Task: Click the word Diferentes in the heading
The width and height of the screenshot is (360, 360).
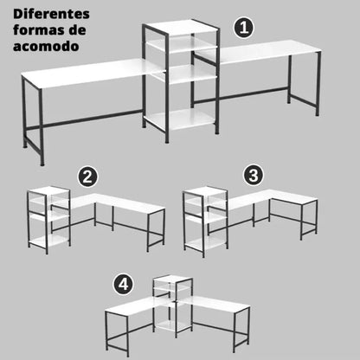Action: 51,14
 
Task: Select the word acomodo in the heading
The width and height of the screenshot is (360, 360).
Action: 46,47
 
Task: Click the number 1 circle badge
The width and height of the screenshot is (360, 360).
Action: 244,28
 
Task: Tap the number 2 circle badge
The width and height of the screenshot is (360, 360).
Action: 87,177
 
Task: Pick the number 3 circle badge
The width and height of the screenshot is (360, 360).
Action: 254,175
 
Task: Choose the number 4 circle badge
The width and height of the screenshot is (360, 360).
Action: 124,285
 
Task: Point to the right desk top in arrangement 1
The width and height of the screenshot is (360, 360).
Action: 260,51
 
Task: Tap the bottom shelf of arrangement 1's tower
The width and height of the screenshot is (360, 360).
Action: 181,119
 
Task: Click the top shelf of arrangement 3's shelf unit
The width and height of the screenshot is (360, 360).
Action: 205,191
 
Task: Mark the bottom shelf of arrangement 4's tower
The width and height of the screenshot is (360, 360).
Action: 172,325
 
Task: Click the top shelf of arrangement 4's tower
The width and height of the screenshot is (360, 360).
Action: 172,279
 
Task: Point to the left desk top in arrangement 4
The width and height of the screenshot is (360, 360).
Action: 136,306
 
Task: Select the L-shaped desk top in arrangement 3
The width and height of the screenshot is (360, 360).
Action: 268,198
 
